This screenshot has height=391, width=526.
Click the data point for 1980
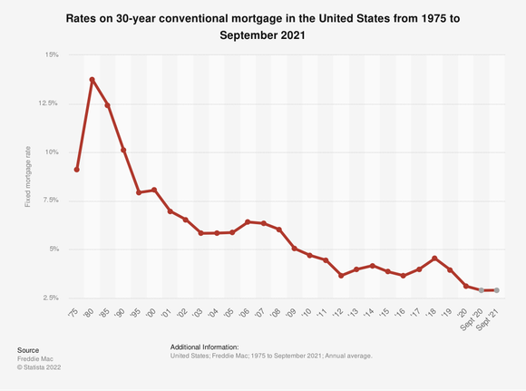click(x=93, y=80)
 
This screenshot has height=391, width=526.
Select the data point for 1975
click(x=77, y=170)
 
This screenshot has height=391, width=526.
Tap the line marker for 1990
click(x=123, y=150)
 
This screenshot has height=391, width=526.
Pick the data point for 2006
click(x=248, y=221)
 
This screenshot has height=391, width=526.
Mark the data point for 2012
click(x=341, y=275)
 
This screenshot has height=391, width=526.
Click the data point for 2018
click(x=434, y=259)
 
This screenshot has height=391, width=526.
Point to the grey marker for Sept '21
click(x=496, y=290)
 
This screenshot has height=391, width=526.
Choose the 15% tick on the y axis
click(x=52, y=55)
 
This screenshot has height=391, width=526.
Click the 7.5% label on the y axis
click(x=50, y=200)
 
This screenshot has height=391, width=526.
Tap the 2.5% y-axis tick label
click(x=50, y=298)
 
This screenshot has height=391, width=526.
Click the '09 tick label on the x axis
click(x=292, y=312)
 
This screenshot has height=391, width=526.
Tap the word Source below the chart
click(x=28, y=349)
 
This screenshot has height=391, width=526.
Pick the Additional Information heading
click(x=204, y=347)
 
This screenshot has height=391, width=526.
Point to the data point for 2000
click(x=154, y=190)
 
